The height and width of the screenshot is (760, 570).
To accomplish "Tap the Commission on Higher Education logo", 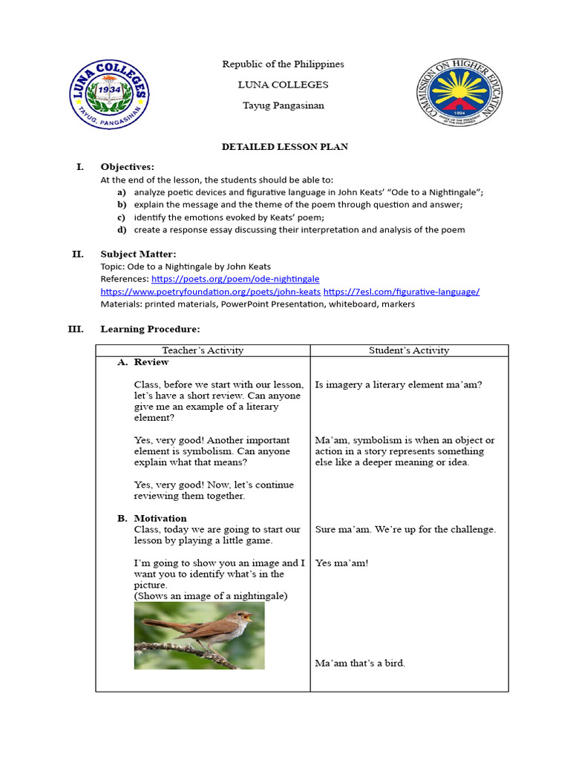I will pos(457,95).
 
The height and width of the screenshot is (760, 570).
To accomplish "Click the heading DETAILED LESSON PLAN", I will pos(284,147).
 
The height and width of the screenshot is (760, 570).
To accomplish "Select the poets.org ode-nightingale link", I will pos(235,279).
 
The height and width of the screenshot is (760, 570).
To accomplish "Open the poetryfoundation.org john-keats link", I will pos(210,292).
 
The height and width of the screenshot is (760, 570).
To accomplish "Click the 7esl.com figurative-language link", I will pos(402,292).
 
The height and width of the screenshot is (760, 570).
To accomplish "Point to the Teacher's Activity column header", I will pos(203,350).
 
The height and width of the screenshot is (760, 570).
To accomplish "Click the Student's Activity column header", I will pos(409,350).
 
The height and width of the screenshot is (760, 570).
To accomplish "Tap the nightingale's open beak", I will pos(247,615).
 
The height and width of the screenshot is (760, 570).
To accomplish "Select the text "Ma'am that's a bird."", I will pos(360,663).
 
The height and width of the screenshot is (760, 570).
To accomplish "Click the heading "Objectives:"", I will pos(127,167).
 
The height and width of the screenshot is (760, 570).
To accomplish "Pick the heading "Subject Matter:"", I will pos(139,255).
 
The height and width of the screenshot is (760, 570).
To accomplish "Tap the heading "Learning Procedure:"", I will pos(150,329).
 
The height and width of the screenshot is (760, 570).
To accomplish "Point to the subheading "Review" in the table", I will pos(151,362).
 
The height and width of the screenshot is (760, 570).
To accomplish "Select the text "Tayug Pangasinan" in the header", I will pos(284,105).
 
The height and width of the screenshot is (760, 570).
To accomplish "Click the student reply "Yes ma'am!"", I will pos(341,563).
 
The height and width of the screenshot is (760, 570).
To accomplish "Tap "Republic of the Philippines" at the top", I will pos(284,65).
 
